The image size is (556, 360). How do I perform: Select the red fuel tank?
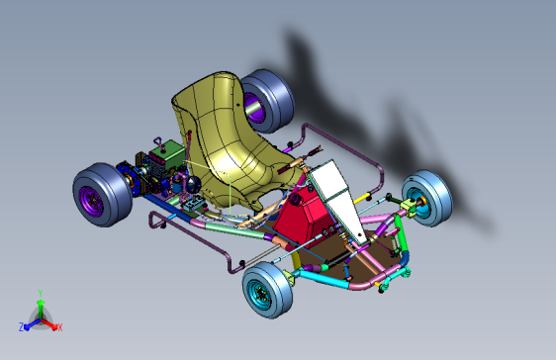[302, 217]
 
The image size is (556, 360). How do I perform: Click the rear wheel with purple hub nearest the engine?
[102, 195]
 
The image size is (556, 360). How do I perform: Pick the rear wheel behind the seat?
[267, 101]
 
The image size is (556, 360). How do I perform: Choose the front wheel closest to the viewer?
[267, 290]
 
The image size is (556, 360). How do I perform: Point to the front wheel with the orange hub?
[427, 198]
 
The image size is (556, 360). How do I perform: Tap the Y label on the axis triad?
[41, 293]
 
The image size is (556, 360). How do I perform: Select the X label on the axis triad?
[60, 327]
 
